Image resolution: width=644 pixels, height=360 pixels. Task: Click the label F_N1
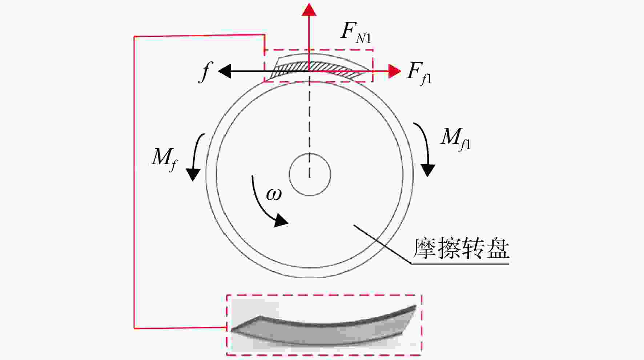point(356,32)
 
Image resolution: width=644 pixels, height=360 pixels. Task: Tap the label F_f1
point(419,73)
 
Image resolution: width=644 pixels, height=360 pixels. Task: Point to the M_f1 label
point(455,139)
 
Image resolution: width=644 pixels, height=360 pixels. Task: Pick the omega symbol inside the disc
point(274,194)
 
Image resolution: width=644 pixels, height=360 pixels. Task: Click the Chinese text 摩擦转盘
point(461,249)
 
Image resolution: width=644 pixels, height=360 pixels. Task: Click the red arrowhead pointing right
point(395,71)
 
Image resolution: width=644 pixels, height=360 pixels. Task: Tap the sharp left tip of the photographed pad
point(232,331)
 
